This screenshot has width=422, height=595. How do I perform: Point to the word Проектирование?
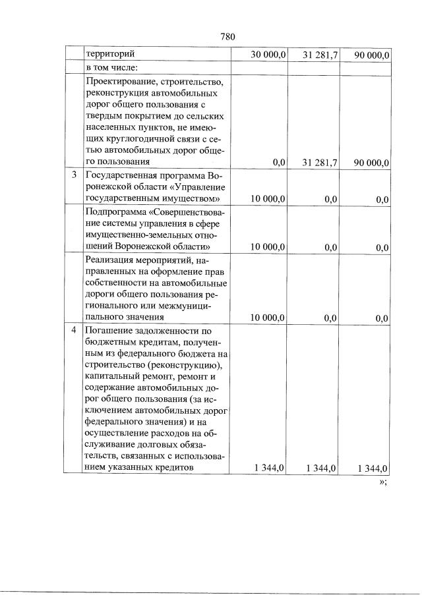[x=121, y=81]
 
